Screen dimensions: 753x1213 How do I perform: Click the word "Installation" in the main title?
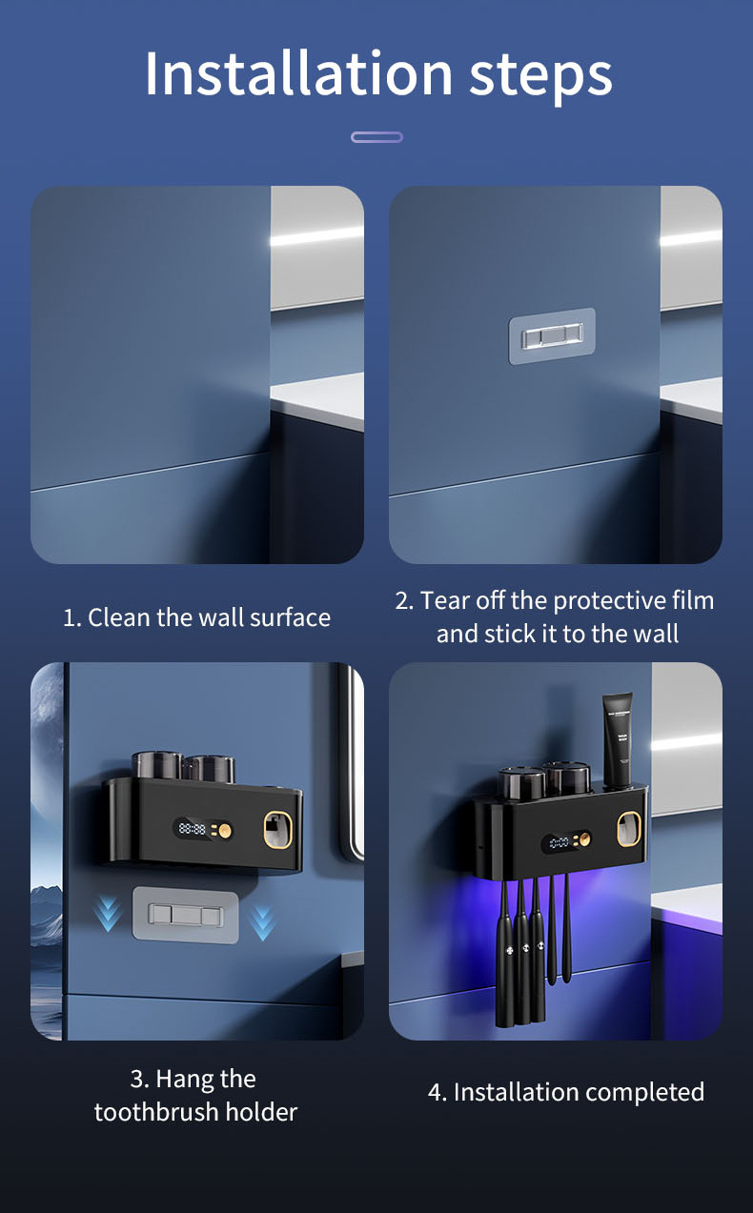point(298,73)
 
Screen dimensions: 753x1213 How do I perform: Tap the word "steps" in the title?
point(540,77)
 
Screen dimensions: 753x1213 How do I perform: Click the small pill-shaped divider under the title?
point(376,137)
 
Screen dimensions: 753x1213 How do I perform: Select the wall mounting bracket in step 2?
point(552,335)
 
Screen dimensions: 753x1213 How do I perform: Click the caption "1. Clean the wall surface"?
point(196,617)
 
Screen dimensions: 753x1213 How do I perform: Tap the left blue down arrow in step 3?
point(108,914)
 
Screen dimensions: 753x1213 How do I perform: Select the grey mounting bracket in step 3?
point(186,915)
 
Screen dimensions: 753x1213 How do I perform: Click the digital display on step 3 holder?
point(193,829)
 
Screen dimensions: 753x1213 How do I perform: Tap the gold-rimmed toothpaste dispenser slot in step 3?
point(278,829)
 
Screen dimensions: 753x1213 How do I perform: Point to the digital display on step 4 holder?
point(559,843)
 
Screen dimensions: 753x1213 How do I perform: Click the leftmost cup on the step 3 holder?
point(157,764)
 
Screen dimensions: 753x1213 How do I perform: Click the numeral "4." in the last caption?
point(438,1092)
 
